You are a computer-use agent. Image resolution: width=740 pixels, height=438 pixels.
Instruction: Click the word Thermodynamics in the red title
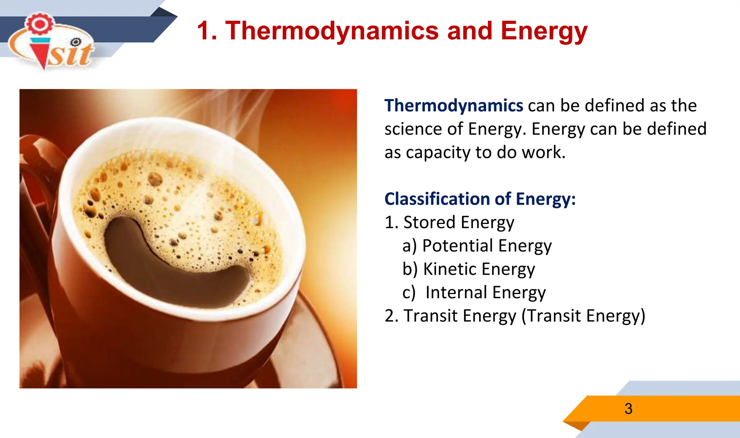332,31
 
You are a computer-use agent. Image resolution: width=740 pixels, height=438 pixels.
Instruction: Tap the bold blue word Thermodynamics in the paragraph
453,106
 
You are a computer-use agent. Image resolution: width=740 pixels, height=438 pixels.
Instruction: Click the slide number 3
628,409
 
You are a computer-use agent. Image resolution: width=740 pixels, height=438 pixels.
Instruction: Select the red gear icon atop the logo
40,24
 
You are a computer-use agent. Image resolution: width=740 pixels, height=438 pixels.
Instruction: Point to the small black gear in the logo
76,42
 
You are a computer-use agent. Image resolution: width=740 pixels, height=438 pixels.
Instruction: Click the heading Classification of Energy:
480,199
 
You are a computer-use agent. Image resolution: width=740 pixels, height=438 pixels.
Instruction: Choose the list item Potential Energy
487,246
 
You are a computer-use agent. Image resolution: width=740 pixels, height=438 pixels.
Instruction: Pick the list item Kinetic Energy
479,269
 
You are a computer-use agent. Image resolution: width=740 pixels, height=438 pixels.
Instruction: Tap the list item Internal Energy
485,292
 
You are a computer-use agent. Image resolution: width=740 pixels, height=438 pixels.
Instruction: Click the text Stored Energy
459,222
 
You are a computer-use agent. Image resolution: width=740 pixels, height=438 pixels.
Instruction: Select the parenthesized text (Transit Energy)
583,316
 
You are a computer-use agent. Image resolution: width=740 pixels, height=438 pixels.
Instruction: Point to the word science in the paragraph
412,129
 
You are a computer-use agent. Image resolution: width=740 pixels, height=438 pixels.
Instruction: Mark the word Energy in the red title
544,31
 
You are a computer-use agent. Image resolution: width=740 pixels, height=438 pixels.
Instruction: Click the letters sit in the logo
70,55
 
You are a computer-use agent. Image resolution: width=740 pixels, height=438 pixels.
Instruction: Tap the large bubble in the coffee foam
155,179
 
